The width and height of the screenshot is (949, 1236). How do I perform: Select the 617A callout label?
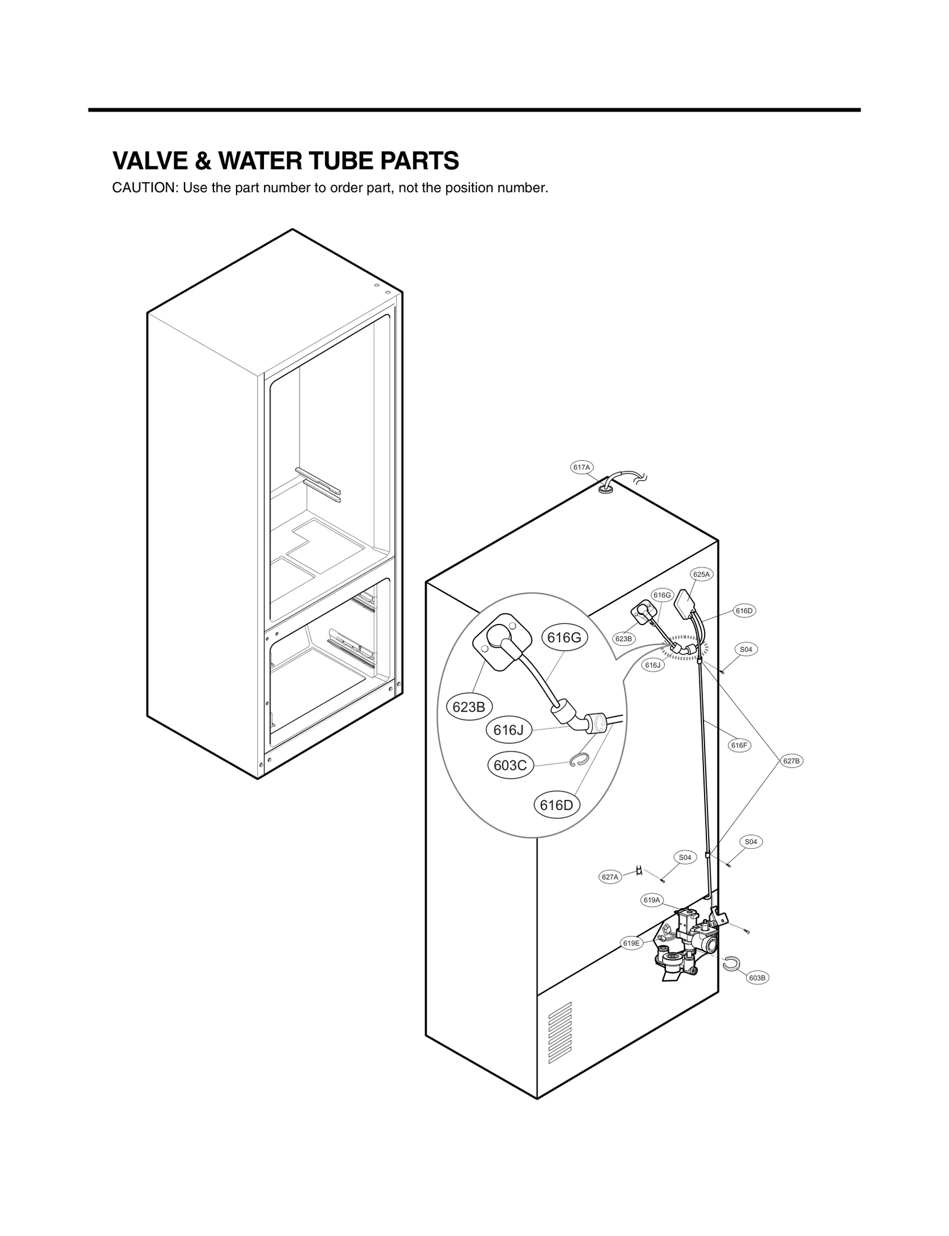tap(582, 467)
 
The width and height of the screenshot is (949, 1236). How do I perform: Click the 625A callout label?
tap(701, 574)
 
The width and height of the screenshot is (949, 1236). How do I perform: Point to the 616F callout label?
tap(740, 746)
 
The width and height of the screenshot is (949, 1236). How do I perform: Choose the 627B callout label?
tap(791, 761)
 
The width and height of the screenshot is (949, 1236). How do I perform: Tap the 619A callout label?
tap(651, 900)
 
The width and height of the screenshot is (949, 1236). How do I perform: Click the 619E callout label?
tap(632, 943)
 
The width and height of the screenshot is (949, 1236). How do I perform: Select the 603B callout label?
tap(757, 978)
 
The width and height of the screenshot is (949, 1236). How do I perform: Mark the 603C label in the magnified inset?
tap(510, 766)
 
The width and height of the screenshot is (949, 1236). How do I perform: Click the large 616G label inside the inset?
tap(563, 638)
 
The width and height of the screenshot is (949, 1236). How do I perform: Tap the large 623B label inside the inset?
tap(469, 707)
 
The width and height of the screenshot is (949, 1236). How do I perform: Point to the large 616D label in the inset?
tap(556, 805)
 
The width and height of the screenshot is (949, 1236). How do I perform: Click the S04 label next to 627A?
tap(684, 858)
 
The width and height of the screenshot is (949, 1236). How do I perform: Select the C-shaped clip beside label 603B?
tap(730, 965)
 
